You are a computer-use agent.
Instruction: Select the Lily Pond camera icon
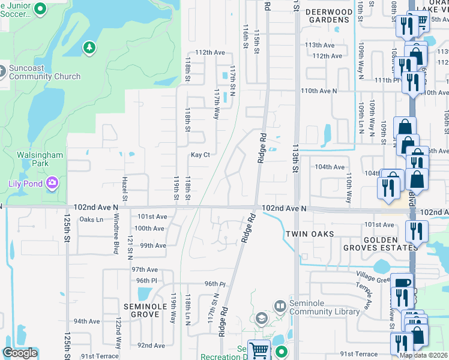[53, 182]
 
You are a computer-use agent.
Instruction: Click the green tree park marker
[89, 47]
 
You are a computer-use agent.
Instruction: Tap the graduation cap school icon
[261, 318]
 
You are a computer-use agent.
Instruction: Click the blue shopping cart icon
[259, 349]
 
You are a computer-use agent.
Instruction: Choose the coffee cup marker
[401, 283]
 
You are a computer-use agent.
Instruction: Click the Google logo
[20, 353]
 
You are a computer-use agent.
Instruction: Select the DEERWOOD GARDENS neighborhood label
[328, 16]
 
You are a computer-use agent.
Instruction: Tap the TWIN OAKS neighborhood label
[309, 234]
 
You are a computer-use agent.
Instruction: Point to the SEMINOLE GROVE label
[149, 310]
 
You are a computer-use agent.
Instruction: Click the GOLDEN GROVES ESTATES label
[381, 243]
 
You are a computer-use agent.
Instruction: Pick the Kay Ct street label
[200, 155]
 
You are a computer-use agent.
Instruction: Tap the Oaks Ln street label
[92, 220]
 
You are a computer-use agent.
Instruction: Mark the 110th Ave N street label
[319, 91]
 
